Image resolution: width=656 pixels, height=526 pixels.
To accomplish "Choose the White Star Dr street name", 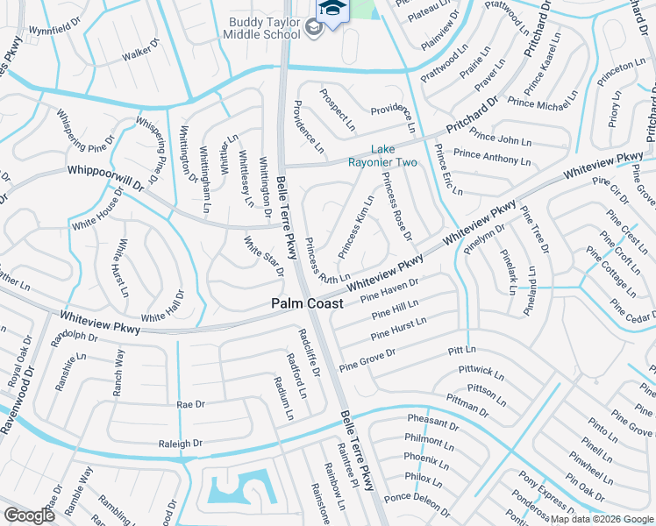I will pos(263,256).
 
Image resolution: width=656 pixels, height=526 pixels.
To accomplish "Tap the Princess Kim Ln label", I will pos(356,226).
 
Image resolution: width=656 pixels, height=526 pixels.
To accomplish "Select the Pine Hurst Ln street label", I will pos(398,329).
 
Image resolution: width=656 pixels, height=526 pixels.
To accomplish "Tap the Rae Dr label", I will pos(190,404).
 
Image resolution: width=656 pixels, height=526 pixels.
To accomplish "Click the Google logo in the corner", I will pos(30,515).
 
